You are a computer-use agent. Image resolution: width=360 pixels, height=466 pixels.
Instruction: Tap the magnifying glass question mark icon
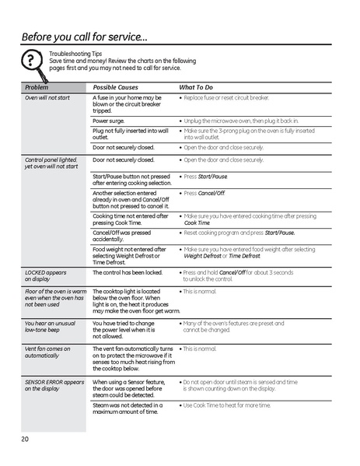click(x=30, y=61)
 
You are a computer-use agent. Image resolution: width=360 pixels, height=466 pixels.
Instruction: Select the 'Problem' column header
click(x=37, y=88)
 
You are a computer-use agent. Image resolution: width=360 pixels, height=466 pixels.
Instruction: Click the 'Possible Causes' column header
click(x=116, y=88)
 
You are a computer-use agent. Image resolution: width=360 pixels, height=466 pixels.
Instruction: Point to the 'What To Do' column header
click(x=196, y=88)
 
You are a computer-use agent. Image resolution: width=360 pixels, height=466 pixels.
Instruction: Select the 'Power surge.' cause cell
click(x=110, y=121)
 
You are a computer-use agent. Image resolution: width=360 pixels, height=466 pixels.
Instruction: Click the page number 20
click(x=26, y=440)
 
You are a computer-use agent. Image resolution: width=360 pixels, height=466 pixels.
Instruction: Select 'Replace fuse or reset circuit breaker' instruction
click(x=226, y=99)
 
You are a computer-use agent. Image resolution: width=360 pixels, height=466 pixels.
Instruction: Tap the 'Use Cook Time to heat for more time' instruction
click(x=226, y=405)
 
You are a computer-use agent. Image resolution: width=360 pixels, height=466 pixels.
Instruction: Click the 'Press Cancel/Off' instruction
click(x=204, y=193)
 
